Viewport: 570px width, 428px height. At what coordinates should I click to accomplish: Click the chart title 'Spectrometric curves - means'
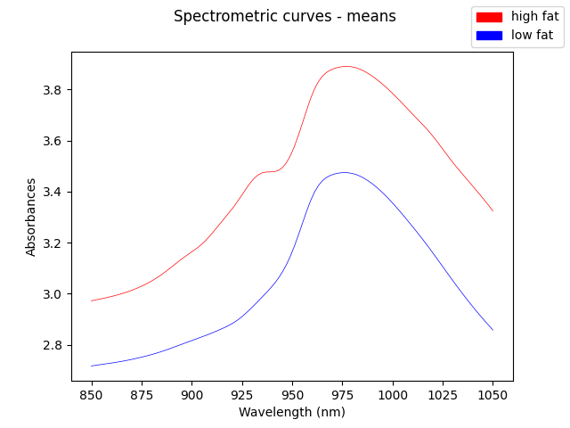(285, 16)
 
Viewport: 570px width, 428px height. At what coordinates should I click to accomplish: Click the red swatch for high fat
(489, 17)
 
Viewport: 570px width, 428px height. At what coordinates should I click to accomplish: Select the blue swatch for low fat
(489, 36)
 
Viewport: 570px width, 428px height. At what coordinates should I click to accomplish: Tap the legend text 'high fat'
(534, 17)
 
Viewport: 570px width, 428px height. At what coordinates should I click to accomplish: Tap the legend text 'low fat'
(532, 36)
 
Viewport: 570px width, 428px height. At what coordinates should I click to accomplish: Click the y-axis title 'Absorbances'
(31, 217)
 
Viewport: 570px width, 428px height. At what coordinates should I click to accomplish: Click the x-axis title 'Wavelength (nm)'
(292, 412)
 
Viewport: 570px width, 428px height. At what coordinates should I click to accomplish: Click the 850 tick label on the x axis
(92, 394)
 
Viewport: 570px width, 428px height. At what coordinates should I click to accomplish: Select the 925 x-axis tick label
(241, 394)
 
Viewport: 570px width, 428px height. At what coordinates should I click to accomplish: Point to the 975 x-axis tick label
(342, 394)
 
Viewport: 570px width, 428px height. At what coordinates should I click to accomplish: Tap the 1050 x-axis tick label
(493, 394)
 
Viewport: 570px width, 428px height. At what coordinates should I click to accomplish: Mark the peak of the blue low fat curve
(344, 172)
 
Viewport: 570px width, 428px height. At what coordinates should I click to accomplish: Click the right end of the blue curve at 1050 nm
(493, 330)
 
